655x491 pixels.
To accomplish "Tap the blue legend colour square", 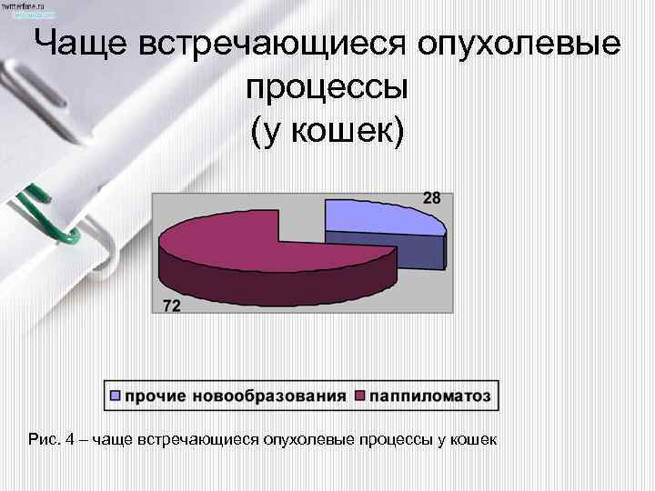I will pyautogui.click(x=116, y=396).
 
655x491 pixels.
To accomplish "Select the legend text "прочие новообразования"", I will pyautogui.click(x=236, y=396).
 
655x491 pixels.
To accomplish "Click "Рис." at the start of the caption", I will pyautogui.click(x=43, y=440).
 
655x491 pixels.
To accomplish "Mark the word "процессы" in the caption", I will pyautogui.click(x=392, y=440).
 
